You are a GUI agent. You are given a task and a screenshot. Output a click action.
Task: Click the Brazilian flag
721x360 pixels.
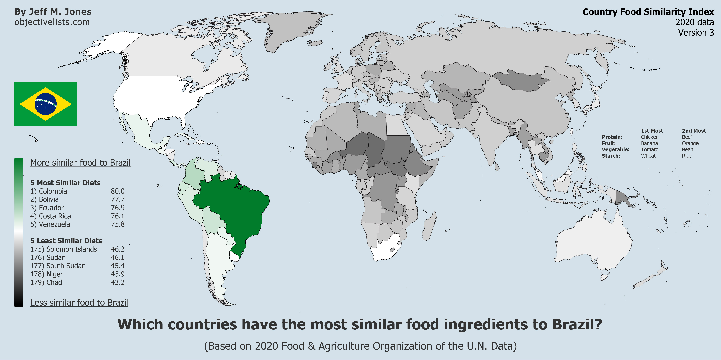46,104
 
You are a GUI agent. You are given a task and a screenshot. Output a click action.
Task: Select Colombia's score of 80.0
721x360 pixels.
118,191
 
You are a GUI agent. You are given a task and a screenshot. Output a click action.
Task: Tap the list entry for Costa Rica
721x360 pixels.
51,216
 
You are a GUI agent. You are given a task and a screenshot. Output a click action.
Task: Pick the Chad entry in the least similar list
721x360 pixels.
46,282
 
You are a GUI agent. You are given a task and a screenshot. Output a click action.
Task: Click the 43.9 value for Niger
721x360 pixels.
118,274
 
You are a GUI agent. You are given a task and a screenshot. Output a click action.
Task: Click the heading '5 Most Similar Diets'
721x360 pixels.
65,183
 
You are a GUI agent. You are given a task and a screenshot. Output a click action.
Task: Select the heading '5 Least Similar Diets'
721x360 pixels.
66,241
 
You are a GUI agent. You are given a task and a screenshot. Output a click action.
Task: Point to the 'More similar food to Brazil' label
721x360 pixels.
80,163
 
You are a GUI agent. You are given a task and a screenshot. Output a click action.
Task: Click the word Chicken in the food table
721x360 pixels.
650,137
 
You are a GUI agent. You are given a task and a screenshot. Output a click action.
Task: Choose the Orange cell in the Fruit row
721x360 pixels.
690,143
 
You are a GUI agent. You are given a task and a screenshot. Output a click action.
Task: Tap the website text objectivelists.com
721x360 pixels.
52,22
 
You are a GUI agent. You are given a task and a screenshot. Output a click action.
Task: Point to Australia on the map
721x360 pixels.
596,243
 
